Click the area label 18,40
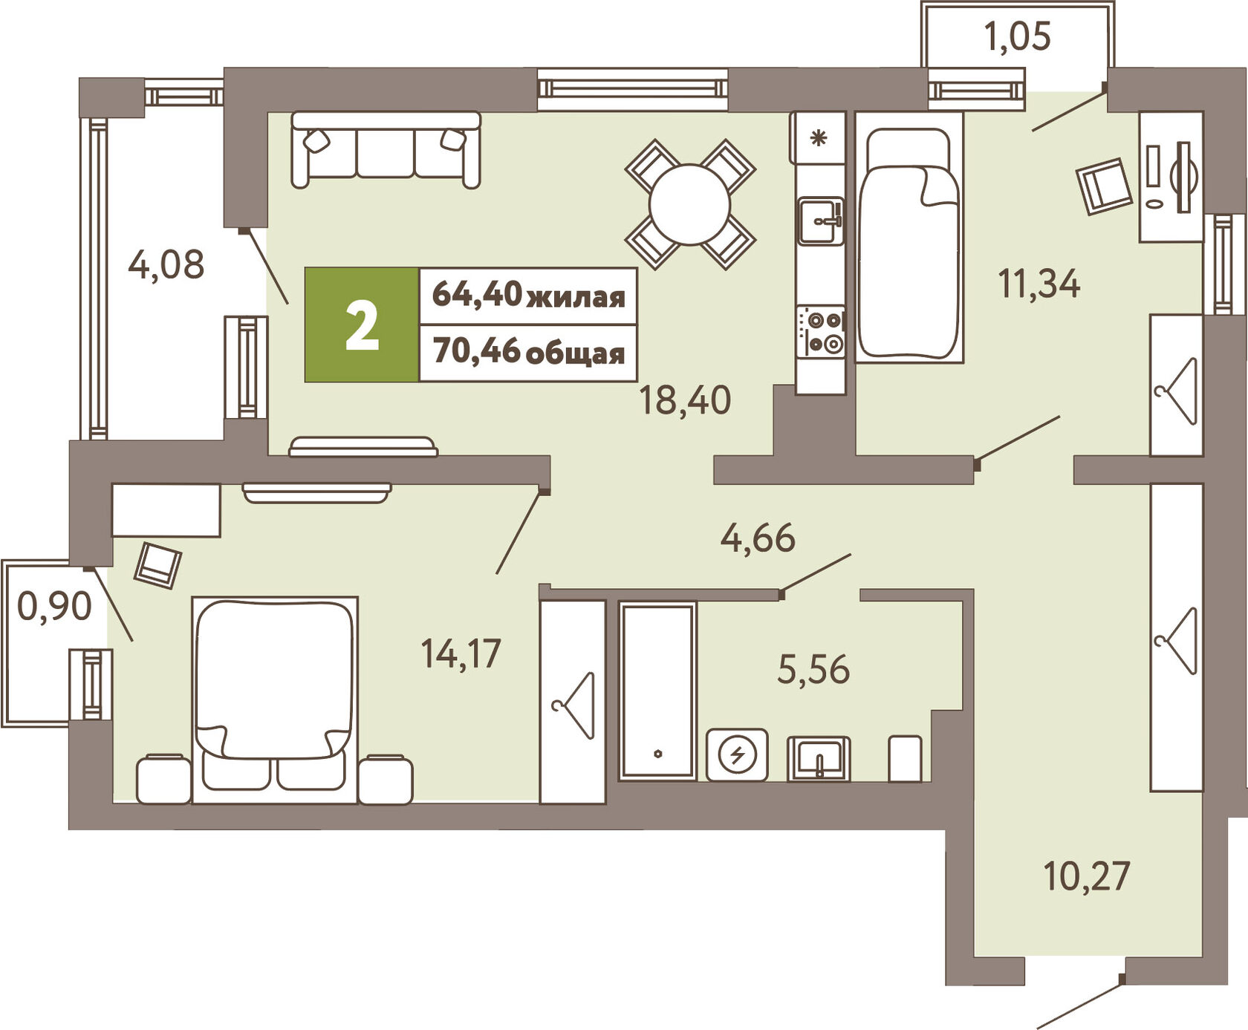(x=685, y=400)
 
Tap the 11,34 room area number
(x=1039, y=284)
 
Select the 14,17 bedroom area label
(x=461, y=653)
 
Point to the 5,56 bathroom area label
(x=813, y=669)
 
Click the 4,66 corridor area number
(x=758, y=538)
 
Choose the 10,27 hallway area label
(x=1087, y=876)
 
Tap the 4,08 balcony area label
(x=166, y=264)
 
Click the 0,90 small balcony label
(x=54, y=606)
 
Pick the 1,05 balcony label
(x=1018, y=36)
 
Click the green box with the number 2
(x=362, y=325)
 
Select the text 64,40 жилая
(x=529, y=295)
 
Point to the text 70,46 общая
(x=529, y=352)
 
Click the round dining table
(x=690, y=204)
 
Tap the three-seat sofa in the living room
(x=386, y=149)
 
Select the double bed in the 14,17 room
(x=275, y=700)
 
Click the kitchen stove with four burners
(x=821, y=331)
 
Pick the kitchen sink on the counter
(x=821, y=221)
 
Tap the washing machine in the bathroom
(x=737, y=754)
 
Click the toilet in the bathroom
(x=905, y=758)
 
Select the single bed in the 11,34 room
(x=909, y=238)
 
